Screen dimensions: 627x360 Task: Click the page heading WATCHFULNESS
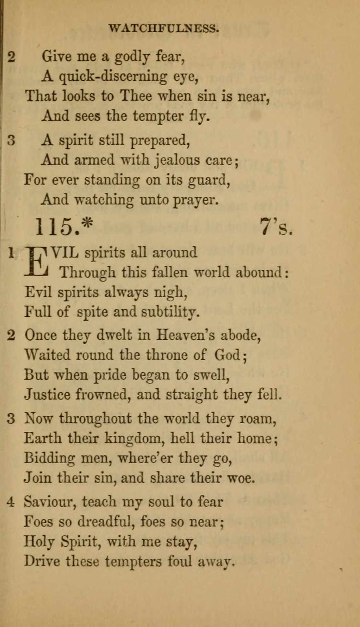[164, 28]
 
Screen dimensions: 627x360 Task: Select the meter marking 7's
[276, 226]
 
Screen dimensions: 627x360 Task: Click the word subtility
[170, 312]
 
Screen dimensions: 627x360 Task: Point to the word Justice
[47, 395]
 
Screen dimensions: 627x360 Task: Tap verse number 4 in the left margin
[11, 502]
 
